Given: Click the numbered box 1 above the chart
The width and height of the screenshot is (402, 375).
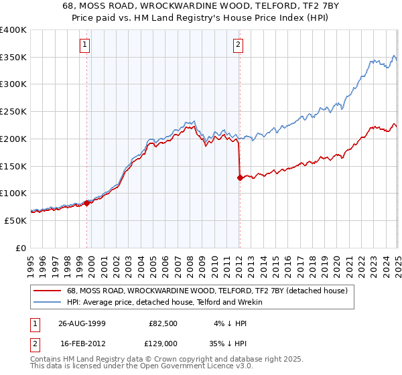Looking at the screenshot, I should coord(86,46).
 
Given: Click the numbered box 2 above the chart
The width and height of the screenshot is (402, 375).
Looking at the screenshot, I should coord(238,46).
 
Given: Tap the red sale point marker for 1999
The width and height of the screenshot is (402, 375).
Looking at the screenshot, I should coord(87,202).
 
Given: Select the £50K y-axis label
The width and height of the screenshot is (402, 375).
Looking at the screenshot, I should coord(15,220).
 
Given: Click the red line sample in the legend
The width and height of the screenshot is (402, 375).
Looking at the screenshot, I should coord(47,291).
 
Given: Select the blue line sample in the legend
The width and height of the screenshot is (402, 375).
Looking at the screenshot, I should coord(47,303).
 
